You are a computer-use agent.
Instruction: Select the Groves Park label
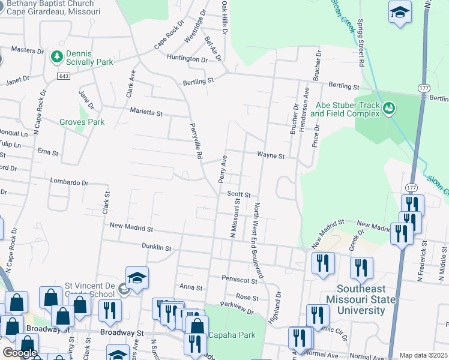click(82, 122)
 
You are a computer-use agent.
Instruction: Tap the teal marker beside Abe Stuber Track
click(389, 109)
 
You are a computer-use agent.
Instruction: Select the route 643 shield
click(64, 76)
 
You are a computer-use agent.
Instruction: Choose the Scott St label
click(238, 194)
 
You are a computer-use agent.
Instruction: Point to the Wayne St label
click(270, 155)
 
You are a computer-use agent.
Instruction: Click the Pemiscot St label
click(239, 280)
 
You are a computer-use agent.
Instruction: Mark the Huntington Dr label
click(187, 59)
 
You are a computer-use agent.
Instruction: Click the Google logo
click(20, 353)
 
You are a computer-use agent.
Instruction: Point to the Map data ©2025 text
click(423, 355)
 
